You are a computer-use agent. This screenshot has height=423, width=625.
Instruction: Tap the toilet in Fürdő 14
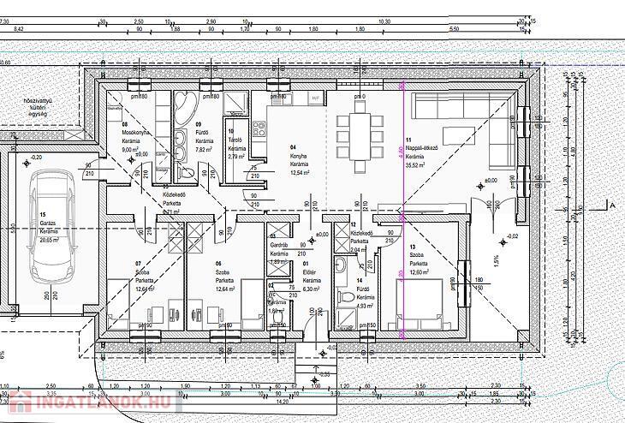click(x=346, y=314)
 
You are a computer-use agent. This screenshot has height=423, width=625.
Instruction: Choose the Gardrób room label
click(x=279, y=244)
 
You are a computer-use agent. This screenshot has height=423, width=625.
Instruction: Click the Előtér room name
click(x=311, y=273)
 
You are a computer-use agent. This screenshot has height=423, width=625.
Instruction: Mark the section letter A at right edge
click(x=613, y=205)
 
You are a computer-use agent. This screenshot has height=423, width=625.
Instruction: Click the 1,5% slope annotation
click(x=496, y=258)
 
